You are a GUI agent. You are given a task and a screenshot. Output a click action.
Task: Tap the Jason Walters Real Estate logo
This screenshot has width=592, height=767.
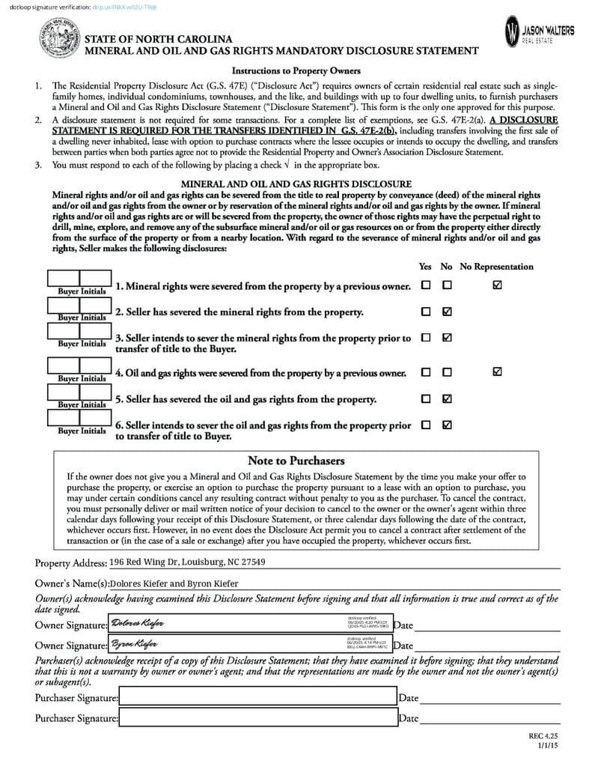click(x=540, y=32)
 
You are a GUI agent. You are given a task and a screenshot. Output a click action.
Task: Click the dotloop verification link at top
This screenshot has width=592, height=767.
click(x=123, y=7)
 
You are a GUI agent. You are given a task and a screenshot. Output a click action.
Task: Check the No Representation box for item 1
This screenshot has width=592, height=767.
click(x=498, y=285)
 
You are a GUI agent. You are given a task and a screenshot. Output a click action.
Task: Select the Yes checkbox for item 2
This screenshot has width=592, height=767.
click(x=426, y=312)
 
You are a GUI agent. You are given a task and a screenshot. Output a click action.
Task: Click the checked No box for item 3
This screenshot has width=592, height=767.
click(x=447, y=338)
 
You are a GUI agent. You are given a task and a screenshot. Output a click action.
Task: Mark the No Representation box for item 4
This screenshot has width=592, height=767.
click(x=498, y=372)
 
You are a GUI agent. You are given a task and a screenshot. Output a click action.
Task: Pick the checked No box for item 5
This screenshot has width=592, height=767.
click(x=447, y=398)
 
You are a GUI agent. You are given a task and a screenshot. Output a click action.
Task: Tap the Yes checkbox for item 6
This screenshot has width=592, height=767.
click(x=426, y=425)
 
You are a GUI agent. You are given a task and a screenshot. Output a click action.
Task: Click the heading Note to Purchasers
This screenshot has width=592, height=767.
click(x=296, y=461)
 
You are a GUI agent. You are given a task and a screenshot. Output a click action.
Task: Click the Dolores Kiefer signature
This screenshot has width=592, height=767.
click(x=138, y=624)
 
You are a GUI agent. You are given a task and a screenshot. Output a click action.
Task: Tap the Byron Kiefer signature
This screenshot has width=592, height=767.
click(x=135, y=643)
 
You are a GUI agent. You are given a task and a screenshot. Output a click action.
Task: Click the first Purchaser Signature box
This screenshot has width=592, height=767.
click(x=257, y=697)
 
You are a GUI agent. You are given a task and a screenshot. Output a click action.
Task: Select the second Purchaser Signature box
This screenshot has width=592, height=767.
click(x=257, y=718)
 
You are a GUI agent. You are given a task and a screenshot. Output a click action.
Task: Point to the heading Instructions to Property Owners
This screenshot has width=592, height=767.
click(x=296, y=71)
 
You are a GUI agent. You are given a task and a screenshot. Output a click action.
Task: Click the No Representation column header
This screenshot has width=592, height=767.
click(x=496, y=267)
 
